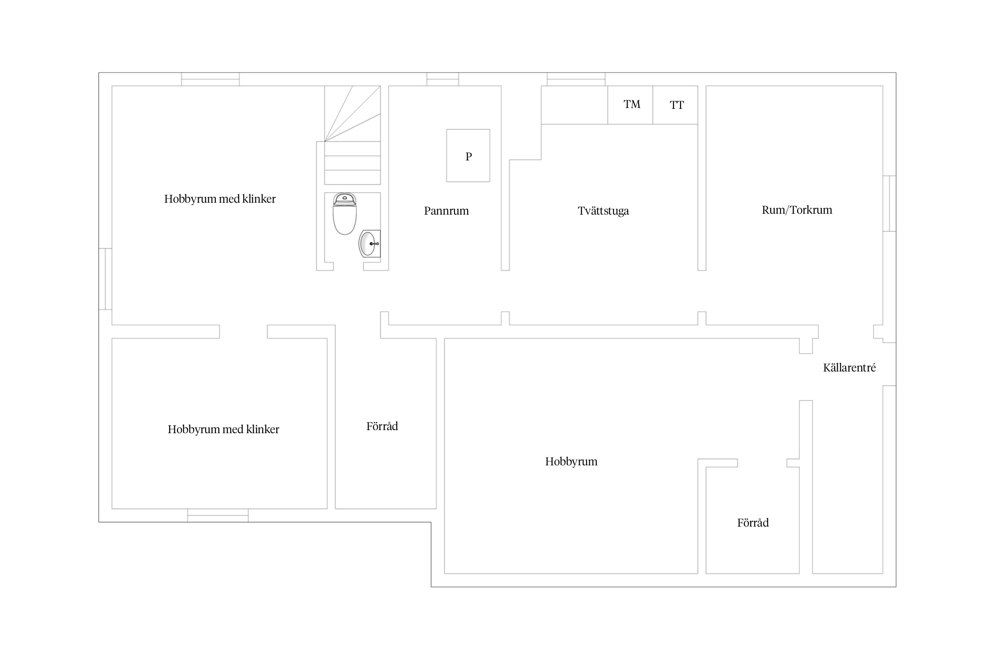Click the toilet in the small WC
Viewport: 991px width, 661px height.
point(344,214)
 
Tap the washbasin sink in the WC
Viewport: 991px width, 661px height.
point(370,243)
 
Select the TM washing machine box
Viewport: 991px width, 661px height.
point(630,105)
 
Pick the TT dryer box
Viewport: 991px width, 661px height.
point(675,105)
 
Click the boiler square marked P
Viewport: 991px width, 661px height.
point(468,156)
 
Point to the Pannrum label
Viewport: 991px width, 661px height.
point(446,211)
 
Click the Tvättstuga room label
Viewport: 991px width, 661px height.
point(603,211)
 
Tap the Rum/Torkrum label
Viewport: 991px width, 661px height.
point(797,210)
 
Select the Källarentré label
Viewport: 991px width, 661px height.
point(849,368)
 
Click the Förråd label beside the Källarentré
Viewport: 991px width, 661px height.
point(753,523)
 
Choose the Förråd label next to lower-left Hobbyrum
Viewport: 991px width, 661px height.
point(382,426)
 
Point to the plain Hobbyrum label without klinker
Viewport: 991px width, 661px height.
point(571,462)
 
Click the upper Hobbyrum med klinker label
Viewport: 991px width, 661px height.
point(220,199)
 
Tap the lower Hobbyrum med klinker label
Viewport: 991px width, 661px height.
point(223,429)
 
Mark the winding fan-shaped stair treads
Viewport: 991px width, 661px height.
point(352,114)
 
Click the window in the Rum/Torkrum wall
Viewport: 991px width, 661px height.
point(889,204)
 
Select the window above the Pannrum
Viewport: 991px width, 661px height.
point(443,79)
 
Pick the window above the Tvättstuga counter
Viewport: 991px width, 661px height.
point(576,79)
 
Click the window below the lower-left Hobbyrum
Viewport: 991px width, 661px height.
point(218,516)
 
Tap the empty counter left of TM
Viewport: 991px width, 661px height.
point(574,105)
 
